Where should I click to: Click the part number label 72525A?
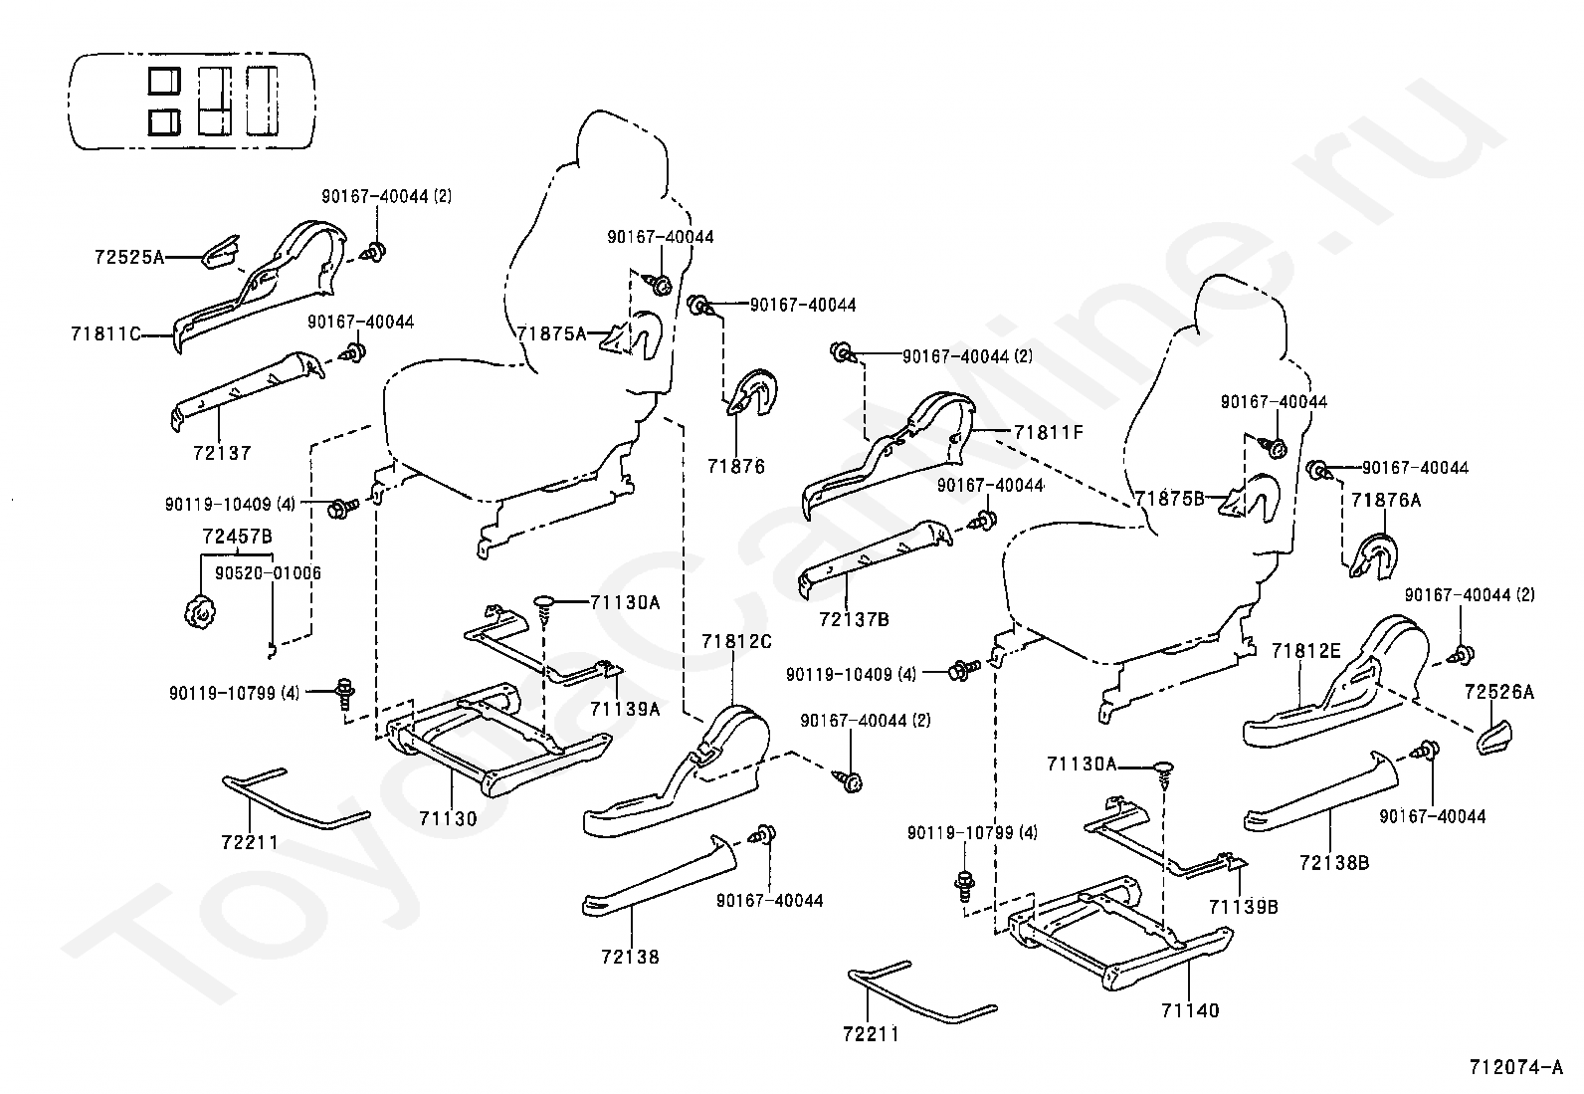point(129,257)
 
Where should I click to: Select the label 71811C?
point(106,333)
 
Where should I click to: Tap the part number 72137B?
point(855,620)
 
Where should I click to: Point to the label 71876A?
point(1386,501)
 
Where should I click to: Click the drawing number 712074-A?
point(1516,1067)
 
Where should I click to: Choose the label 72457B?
point(238,537)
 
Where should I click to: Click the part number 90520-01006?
point(268,572)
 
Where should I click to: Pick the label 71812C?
point(737,642)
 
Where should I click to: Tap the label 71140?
point(1190,1010)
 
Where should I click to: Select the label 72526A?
point(1499,692)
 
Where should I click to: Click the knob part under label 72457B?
point(199,613)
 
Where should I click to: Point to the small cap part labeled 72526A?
point(1494,738)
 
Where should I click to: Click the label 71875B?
point(1170,499)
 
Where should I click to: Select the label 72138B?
point(1334,863)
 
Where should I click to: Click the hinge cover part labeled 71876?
point(752,393)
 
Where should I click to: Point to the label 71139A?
point(625,709)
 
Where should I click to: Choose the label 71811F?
point(1048,432)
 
